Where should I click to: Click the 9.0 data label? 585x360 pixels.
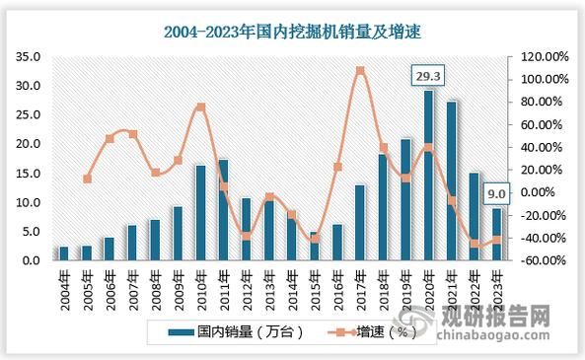coord(497,193)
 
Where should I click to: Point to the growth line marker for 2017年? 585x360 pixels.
coord(360,71)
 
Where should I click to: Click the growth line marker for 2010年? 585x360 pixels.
coord(200,107)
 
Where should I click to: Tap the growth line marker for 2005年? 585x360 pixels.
coord(87,180)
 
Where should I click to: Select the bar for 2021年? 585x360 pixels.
coord(452,180)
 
